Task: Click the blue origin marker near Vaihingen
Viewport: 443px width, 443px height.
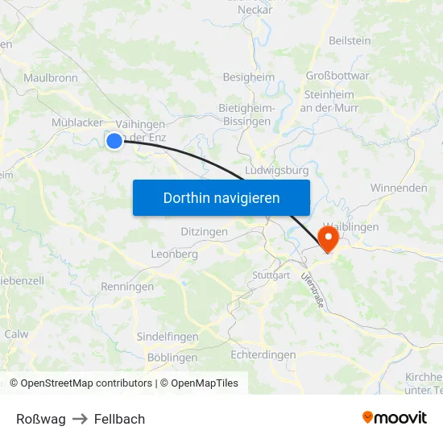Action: pyautogui.click(x=114, y=141)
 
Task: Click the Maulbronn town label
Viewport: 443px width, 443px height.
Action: pyautogui.click(x=51, y=78)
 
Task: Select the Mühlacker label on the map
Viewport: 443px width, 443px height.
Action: pyautogui.click(x=77, y=122)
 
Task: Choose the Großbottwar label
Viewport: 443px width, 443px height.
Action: pyautogui.click(x=337, y=77)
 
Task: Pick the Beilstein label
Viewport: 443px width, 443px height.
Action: pyautogui.click(x=350, y=40)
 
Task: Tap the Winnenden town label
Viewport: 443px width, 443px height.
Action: pyautogui.click(x=399, y=188)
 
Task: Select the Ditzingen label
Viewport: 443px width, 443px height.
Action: pyautogui.click(x=200, y=231)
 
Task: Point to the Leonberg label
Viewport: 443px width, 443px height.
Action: pyautogui.click(x=174, y=254)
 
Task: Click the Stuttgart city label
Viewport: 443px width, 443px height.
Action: pyautogui.click(x=271, y=275)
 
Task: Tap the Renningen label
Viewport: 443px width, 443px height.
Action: pyautogui.click(x=127, y=287)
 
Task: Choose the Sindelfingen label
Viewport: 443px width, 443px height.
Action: pyautogui.click(x=168, y=337)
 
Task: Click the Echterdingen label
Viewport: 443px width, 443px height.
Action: pyautogui.click(x=263, y=354)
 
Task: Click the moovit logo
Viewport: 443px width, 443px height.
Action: pyautogui.click(x=394, y=418)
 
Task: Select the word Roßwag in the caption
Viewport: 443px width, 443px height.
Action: pyautogui.click(x=41, y=419)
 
